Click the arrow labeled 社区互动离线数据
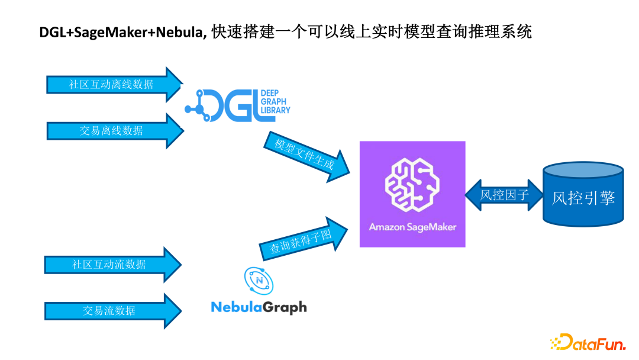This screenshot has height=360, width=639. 112,85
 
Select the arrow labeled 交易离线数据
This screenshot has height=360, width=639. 112,130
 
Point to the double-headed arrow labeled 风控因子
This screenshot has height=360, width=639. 504,195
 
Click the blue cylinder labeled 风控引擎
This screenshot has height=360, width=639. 583,195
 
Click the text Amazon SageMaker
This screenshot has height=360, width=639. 412,227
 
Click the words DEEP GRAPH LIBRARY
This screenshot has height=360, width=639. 276,102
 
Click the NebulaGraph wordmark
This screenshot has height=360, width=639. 259,307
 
